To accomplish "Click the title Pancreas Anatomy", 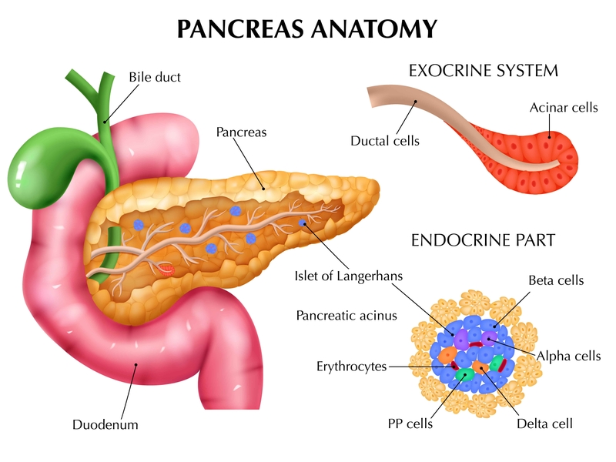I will (307, 29).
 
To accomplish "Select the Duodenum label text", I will (105, 424).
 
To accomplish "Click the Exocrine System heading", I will (483, 72).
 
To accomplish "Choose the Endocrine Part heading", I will (483, 239).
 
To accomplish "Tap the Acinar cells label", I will (564, 108).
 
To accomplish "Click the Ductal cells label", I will (385, 141).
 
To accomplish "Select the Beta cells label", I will (556, 281).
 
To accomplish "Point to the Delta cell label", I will (544, 423).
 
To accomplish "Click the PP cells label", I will (410, 423).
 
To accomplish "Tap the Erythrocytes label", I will (350, 367).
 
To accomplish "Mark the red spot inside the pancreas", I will (168, 269).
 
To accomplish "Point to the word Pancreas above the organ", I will (241, 132).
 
